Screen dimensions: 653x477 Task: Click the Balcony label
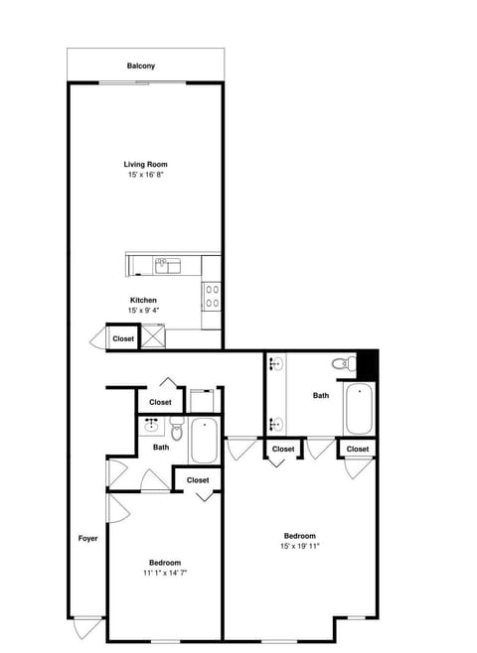pyautogui.click(x=141, y=66)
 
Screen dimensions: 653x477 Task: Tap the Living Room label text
pyautogui.click(x=144, y=164)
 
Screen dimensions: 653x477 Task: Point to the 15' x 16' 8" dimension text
pyautogui.click(x=144, y=175)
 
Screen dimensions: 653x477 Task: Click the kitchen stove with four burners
pyautogui.click(x=212, y=294)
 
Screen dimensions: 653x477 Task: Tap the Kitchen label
pyautogui.click(x=143, y=300)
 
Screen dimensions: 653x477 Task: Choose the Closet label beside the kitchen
pyautogui.click(x=123, y=338)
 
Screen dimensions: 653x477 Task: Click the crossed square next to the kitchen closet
pyautogui.click(x=153, y=338)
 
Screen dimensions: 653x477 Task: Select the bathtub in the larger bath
pyautogui.click(x=359, y=408)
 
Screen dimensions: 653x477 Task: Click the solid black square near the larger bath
pyautogui.click(x=368, y=364)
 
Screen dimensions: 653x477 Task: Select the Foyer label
pyautogui.click(x=87, y=539)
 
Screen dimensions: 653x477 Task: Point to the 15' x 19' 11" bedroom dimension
pyautogui.click(x=299, y=546)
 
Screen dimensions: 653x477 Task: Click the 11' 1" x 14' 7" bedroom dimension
pyautogui.click(x=165, y=573)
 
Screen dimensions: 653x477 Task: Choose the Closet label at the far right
pyautogui.click(x=358, y=449)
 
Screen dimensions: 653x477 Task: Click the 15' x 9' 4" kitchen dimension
pyautogui.click(x=143, y=310)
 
